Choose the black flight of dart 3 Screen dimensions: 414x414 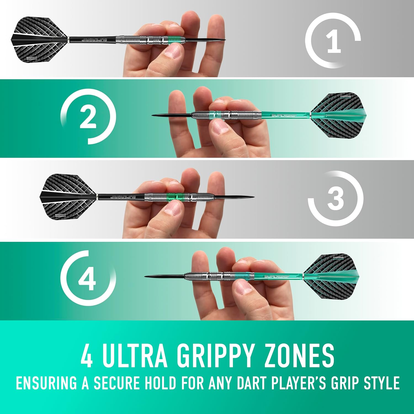pyautogui.click(x=68, y=197)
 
